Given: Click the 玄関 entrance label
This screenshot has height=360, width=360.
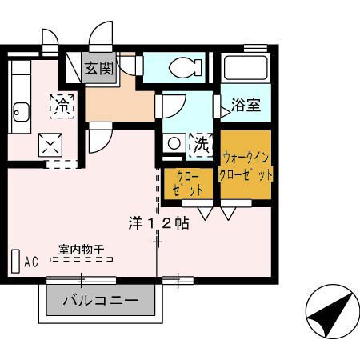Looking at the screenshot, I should click(101, 68).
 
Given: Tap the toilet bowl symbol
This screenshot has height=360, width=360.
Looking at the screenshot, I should click(186, 66).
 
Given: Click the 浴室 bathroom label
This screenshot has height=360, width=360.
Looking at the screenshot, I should click(246, 105).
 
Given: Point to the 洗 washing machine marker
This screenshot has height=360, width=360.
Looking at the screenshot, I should click(200, 145).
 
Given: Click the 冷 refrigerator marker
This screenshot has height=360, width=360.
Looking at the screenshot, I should click(62, 104).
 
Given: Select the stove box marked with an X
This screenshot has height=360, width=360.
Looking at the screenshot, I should click(50, 145).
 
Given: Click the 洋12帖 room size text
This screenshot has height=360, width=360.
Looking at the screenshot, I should click(158, 223).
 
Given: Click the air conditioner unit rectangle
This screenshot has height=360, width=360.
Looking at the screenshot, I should click(15, 262).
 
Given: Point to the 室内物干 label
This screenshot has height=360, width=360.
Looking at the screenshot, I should click(80, 249).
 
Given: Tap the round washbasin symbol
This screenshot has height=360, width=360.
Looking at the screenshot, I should click(174, 144).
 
